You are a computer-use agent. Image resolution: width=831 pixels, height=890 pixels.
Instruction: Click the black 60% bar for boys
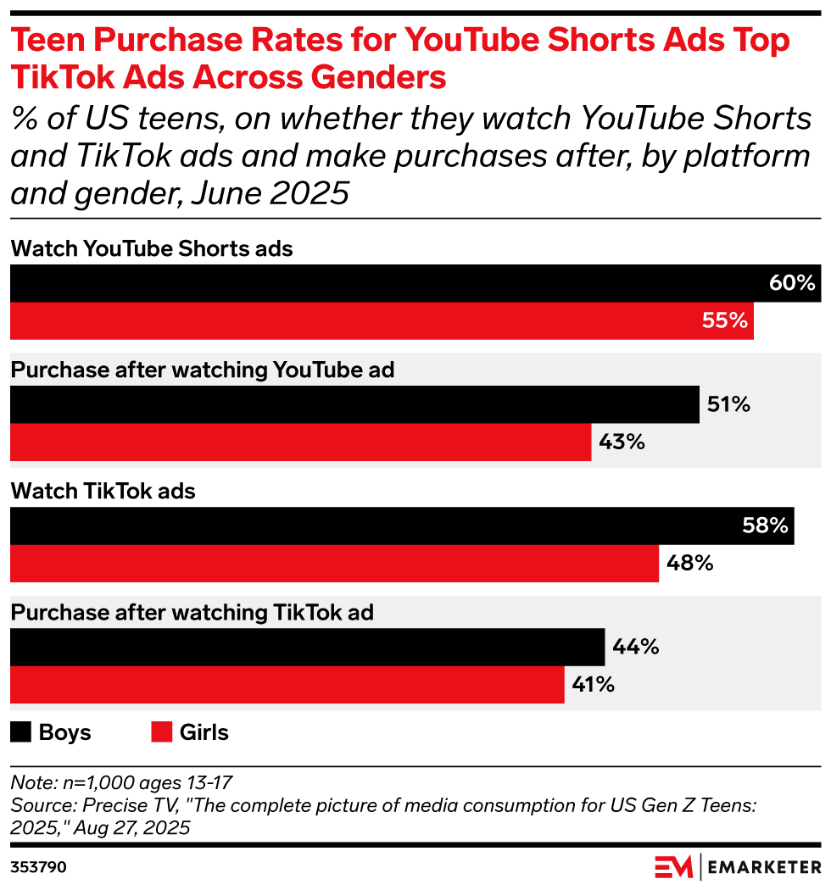(x=407, y=283)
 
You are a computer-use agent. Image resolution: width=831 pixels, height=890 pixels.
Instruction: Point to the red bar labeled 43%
(x=300, y=442)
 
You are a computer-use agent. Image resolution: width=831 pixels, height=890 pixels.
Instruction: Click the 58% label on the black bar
(x=766, y=526)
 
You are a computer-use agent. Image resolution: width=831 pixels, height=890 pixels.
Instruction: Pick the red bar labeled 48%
(x=334, y=564)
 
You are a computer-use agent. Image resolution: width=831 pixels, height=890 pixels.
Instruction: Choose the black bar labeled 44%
(x=307, y=647)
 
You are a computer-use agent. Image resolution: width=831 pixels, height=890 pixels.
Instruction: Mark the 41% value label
(x=592, y=685)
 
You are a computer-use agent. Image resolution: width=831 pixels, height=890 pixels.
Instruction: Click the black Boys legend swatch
(x=21, y=732)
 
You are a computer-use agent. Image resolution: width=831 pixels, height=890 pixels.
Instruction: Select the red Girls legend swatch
(x=162, y=732)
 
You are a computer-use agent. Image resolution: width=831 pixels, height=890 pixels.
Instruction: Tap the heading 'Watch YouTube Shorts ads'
(x=152, y=248)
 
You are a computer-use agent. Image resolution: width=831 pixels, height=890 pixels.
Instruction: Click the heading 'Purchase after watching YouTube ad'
(x=203, y=370)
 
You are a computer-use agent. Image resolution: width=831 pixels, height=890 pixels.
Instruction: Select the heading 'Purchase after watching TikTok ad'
(x=192, y=613)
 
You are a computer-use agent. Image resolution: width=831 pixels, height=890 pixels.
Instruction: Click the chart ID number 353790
(x=39, y=867)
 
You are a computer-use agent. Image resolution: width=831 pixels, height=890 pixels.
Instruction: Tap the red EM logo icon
(x=673, y=867)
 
